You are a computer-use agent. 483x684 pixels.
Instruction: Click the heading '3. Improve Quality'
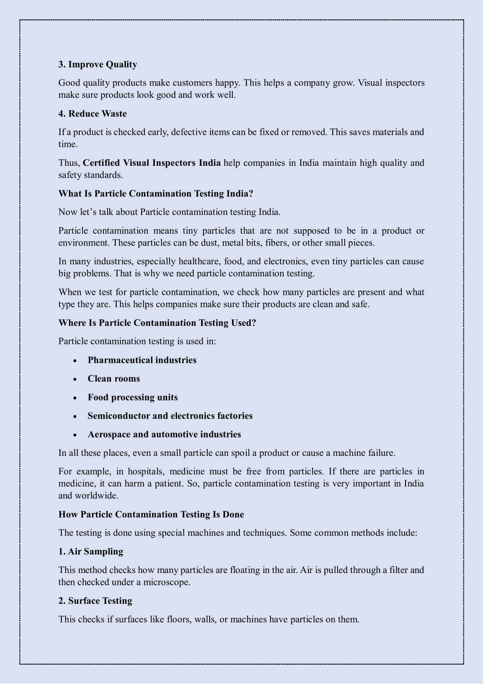98,64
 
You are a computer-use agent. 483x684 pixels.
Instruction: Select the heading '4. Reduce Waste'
93,113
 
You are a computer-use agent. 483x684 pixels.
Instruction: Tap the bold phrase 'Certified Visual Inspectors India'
152,163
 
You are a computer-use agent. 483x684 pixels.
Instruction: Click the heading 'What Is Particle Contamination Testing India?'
156,194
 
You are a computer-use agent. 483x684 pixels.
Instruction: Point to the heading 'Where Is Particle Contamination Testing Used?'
157,323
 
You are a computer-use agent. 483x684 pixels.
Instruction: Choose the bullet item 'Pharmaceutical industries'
142,360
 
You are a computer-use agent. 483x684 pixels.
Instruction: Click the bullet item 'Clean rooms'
114,379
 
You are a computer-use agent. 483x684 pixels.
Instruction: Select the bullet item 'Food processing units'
133,397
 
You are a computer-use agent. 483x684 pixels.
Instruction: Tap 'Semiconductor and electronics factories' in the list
170,416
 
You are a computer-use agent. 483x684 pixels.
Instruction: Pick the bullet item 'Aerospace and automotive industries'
164,434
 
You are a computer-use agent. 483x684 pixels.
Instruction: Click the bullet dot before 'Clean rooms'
75,379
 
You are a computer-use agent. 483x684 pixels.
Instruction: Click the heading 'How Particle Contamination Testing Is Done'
151,514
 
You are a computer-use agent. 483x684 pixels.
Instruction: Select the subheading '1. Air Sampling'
91,552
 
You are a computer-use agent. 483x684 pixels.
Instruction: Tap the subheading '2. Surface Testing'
95,601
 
